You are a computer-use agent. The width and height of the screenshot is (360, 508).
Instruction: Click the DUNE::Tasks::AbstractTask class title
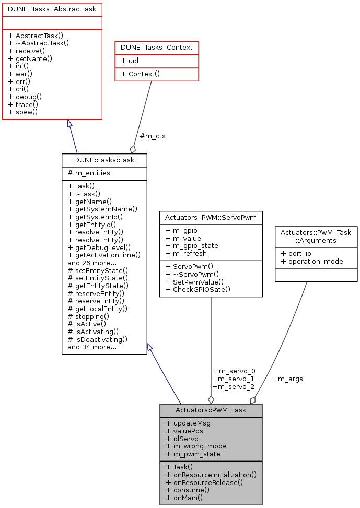[52, 9]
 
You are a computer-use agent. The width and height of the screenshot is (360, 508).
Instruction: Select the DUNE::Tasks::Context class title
[157, 48]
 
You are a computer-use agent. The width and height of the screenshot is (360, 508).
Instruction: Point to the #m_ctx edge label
[153, 136]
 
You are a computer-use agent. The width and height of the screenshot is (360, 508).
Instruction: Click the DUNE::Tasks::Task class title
[104, 160]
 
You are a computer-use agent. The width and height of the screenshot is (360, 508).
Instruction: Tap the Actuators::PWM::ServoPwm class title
[211, 217]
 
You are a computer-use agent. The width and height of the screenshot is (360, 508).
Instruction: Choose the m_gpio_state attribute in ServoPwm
[192, 245]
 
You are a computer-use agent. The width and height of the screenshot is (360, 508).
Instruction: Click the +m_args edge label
[288, 379]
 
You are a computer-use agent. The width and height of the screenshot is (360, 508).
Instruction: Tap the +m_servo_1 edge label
[234, 379]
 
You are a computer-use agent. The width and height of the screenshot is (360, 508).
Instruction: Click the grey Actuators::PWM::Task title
[211, 410]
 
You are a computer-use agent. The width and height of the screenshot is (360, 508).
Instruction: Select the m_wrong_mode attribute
[193, 446]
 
